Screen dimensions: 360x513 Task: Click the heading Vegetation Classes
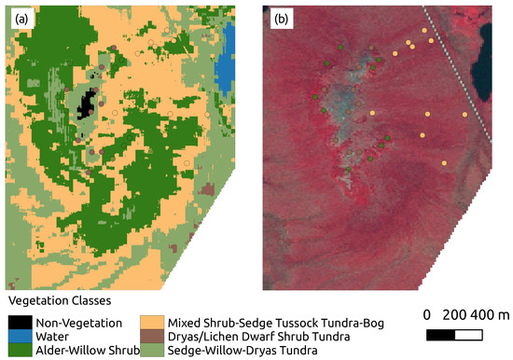(60, 302)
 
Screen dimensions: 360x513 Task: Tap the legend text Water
(53, 337)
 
